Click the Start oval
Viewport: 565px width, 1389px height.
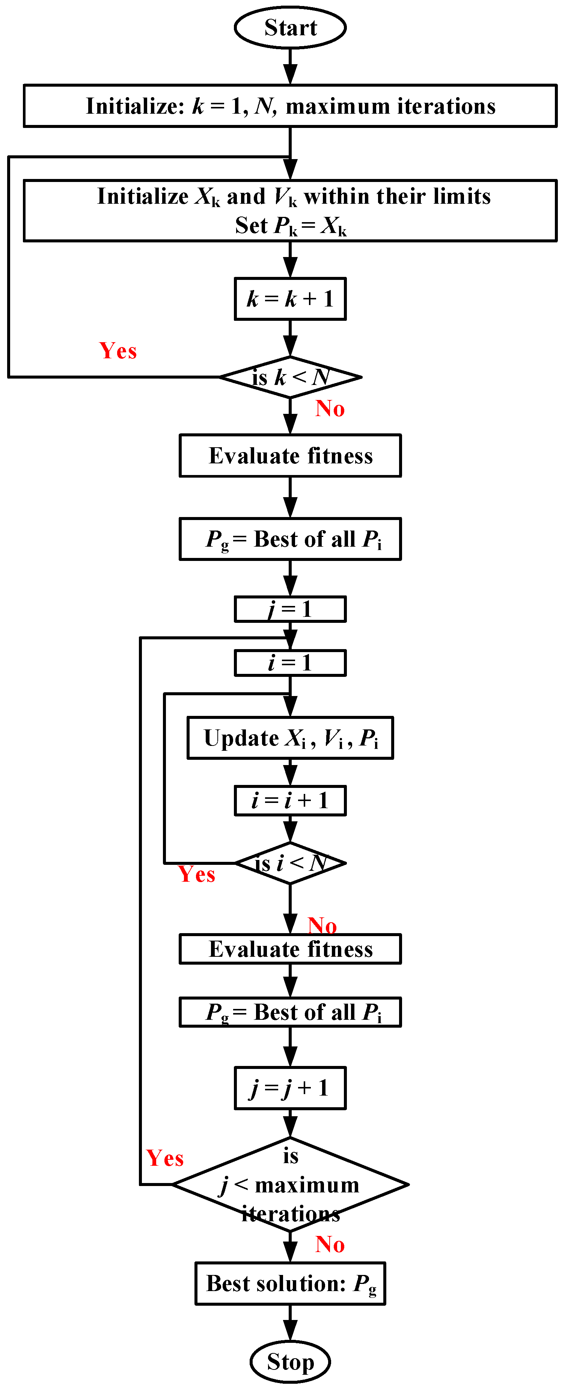290,27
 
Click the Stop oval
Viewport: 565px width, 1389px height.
290,1362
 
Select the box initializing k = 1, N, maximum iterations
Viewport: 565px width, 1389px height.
290,106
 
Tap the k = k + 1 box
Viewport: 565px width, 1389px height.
290,299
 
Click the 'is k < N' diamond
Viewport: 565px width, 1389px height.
290,377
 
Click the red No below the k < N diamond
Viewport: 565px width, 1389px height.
330,409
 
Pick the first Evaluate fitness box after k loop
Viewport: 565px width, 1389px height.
290,455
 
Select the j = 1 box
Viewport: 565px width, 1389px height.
290,609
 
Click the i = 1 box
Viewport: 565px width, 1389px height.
290,663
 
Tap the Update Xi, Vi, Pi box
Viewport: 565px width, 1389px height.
290,738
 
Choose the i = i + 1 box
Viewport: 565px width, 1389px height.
290,800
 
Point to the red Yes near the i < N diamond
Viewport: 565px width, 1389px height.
196,874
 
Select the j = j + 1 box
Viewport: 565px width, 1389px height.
290,1088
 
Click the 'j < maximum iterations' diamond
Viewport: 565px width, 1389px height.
290,1185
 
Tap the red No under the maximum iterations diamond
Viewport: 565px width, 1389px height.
330,1245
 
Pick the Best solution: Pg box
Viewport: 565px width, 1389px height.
290,1283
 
